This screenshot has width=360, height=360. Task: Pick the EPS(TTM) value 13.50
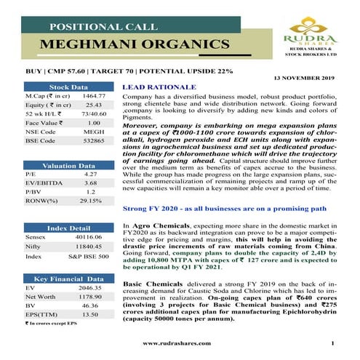coord(91,315)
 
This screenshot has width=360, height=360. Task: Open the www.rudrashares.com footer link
coord(176,343)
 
